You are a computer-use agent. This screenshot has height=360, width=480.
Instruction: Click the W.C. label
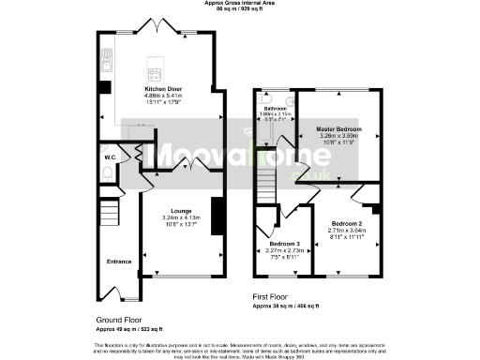[111, 157]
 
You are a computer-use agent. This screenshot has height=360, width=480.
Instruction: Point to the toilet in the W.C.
[109, 174]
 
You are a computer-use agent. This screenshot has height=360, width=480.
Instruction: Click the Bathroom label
[277, 109]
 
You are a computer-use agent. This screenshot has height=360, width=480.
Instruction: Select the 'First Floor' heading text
[273, 296]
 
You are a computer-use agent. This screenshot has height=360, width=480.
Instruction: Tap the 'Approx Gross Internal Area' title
[240, 3]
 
